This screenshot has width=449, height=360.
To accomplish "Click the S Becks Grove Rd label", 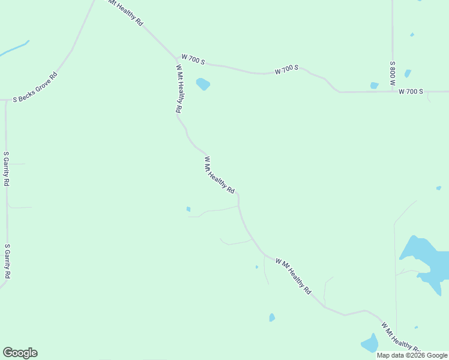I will pos(35,87).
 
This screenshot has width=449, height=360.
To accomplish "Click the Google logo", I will pos(20,353).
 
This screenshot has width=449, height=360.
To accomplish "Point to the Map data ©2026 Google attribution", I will pos(412,355).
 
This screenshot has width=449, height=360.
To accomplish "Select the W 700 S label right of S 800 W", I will pos(411,92).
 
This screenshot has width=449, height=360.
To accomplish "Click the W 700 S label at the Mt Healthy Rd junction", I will pos(194,61).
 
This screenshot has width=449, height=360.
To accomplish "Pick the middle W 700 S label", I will pos(287,70).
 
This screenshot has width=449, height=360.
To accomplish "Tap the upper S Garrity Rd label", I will pos(6,169).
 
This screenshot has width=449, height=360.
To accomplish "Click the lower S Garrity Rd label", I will pos(7,261).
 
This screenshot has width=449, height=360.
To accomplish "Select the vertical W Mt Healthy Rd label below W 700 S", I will pos(179,89).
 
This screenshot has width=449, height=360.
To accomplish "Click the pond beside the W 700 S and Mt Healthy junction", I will pos(203,84).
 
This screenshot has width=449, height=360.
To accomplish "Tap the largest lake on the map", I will pos(425,258).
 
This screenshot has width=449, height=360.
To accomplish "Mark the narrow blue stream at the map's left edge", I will pos(13,49).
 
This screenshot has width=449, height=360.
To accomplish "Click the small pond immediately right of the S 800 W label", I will pos(408,73).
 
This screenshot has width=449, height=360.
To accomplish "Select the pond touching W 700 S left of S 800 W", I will pos(375,86).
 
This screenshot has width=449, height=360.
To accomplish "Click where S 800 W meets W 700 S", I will pos(393,92).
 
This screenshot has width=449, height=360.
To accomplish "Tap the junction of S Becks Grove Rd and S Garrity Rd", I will pos(6,99).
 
